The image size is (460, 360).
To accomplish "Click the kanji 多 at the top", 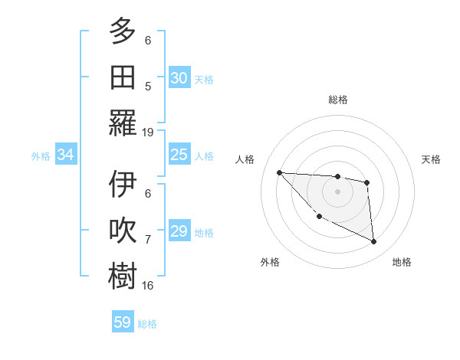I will pyautogui.click(x=123, y=31).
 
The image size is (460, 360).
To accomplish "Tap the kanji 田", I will pyautogui.click(x=123, y=77).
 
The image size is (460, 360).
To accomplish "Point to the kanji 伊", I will pyautogui.click(x=123, y=186).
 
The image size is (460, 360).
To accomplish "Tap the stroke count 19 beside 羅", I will pyautogui.click(x=148, y=132).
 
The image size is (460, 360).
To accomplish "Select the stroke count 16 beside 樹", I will pyautogui.click(x=148, y=286).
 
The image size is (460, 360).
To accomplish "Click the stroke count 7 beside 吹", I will pyautogui.click(x=148, y=241).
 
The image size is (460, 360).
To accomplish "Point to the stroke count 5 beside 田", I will pyautogui.click(x=148, y=87).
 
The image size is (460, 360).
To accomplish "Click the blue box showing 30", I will pyautogui.click(x=179, y=77).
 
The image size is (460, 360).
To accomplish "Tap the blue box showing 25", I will pyautogui.click(x=179, y=155).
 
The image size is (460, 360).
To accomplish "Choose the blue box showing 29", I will pyautogui.click(x=179, y=231).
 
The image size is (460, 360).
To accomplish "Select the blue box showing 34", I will pyautogui.click(x=66, y=155).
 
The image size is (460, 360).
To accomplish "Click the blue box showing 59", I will pyautogui.click(x=123, y=322).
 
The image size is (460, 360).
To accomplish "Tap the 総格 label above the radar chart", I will pyautogui.click(x=337, y=100).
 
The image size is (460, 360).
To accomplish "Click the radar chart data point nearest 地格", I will pyautogui.click(x=374, y=242).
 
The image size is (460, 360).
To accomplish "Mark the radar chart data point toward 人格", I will pyautogui.click(x=279, y=172).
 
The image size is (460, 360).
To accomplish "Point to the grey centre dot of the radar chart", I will pyautogui.click(x=337, y=191).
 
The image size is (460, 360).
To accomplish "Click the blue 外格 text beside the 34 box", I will pyautogui.click(x=41, y=155).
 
